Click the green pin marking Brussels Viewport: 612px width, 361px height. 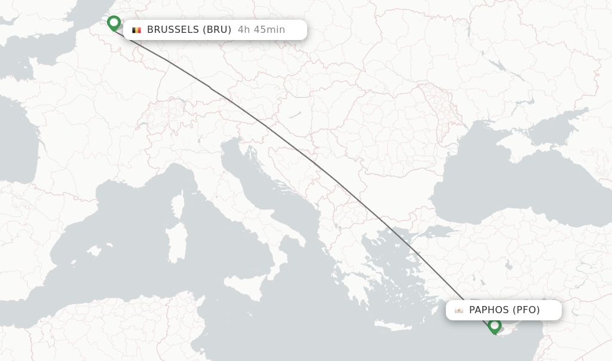tap(114, 23)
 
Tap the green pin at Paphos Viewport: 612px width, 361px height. tap(494, 326)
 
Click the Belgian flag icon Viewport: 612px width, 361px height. tap(137, 30)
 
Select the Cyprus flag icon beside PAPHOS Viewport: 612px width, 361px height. tap(459, 310)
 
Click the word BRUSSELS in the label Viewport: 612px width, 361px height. tap(173, 30)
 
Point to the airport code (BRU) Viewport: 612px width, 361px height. tap(217, 30)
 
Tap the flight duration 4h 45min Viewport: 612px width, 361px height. tap(261, 30)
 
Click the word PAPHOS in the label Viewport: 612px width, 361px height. tap(489, 310)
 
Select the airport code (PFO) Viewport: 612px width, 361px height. tap(527, 310)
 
